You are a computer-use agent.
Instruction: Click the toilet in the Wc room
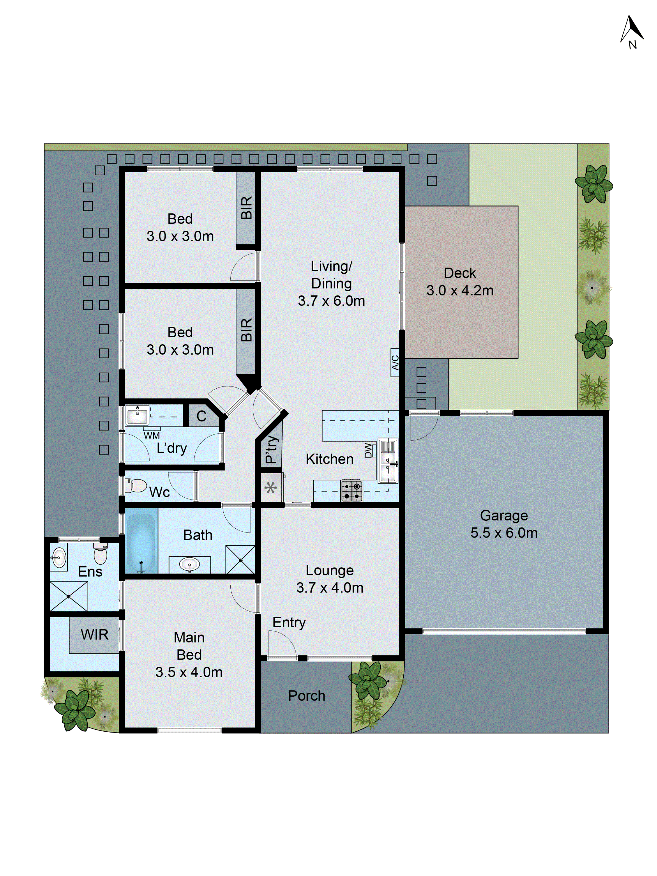coord(137,485)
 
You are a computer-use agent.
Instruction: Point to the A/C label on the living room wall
coord(394,362)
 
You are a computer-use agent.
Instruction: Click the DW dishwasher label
coord(368,450)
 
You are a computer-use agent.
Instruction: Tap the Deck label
coord(459,273)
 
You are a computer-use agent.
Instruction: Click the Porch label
coord(307,695)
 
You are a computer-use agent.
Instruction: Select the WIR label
coord(94,634)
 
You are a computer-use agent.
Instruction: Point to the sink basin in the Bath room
coord(189,564)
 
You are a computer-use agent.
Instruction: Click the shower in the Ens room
coord(69,596)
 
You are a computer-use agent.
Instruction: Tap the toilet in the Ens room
coord(101,554)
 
